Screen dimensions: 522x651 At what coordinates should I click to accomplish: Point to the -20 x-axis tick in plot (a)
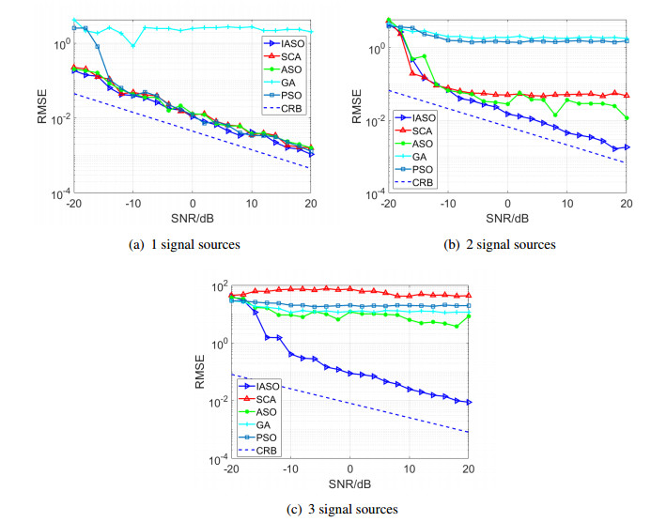[x=74, y=204]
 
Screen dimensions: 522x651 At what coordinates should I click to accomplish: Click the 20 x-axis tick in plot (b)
[x=626, y=204]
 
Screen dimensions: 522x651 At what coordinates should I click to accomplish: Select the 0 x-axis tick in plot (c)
[x=350, y=468]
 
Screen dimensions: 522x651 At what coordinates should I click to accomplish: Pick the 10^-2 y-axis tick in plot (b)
[x=374, y=121]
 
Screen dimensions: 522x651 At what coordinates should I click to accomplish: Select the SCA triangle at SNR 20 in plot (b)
[x=627, y=94]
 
